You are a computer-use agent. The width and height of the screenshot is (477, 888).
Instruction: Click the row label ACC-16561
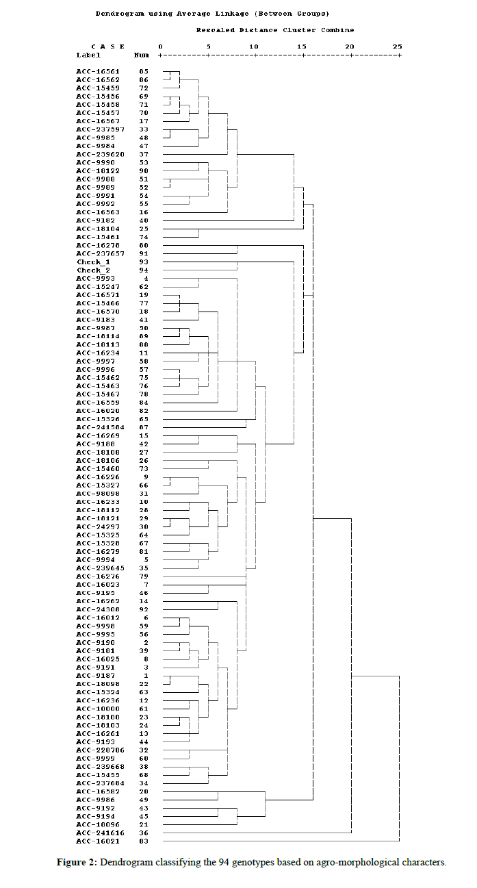coord(97,71)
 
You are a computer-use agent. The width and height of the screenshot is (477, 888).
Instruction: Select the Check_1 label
coord(93,262)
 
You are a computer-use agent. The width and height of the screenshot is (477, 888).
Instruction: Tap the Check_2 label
coord(93,270)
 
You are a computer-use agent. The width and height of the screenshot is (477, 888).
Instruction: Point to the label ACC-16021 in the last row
coord(97,841)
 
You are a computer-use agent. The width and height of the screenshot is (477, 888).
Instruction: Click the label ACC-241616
coord(99,833)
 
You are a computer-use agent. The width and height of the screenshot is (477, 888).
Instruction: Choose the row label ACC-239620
coord(99,154)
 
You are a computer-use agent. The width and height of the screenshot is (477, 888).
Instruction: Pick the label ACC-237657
coord(99,253)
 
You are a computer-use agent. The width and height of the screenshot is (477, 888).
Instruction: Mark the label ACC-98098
coord(97,494)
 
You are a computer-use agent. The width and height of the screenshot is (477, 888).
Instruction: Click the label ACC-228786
coord(99,750)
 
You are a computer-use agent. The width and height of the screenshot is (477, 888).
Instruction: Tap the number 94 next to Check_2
coord(144,270)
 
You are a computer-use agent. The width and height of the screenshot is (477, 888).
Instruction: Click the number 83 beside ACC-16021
coord(144,841)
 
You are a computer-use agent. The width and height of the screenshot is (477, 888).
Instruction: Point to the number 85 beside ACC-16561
coord(144,71)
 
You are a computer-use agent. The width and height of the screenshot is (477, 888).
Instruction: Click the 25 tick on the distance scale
coord(398,47)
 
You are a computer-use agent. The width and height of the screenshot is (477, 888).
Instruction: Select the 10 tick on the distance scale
coord(255,47)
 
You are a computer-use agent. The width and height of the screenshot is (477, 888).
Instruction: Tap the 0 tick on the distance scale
coord(160,47)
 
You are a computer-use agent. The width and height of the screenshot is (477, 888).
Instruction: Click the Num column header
coord(141,55)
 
